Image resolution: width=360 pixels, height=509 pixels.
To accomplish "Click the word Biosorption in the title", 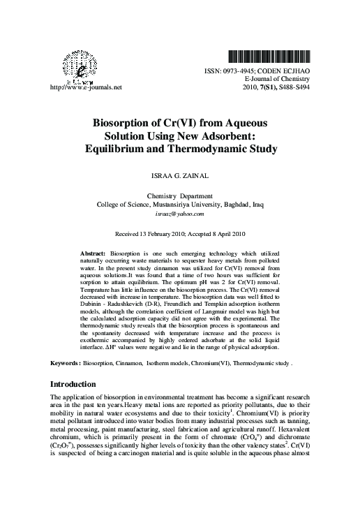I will point(120,123).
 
